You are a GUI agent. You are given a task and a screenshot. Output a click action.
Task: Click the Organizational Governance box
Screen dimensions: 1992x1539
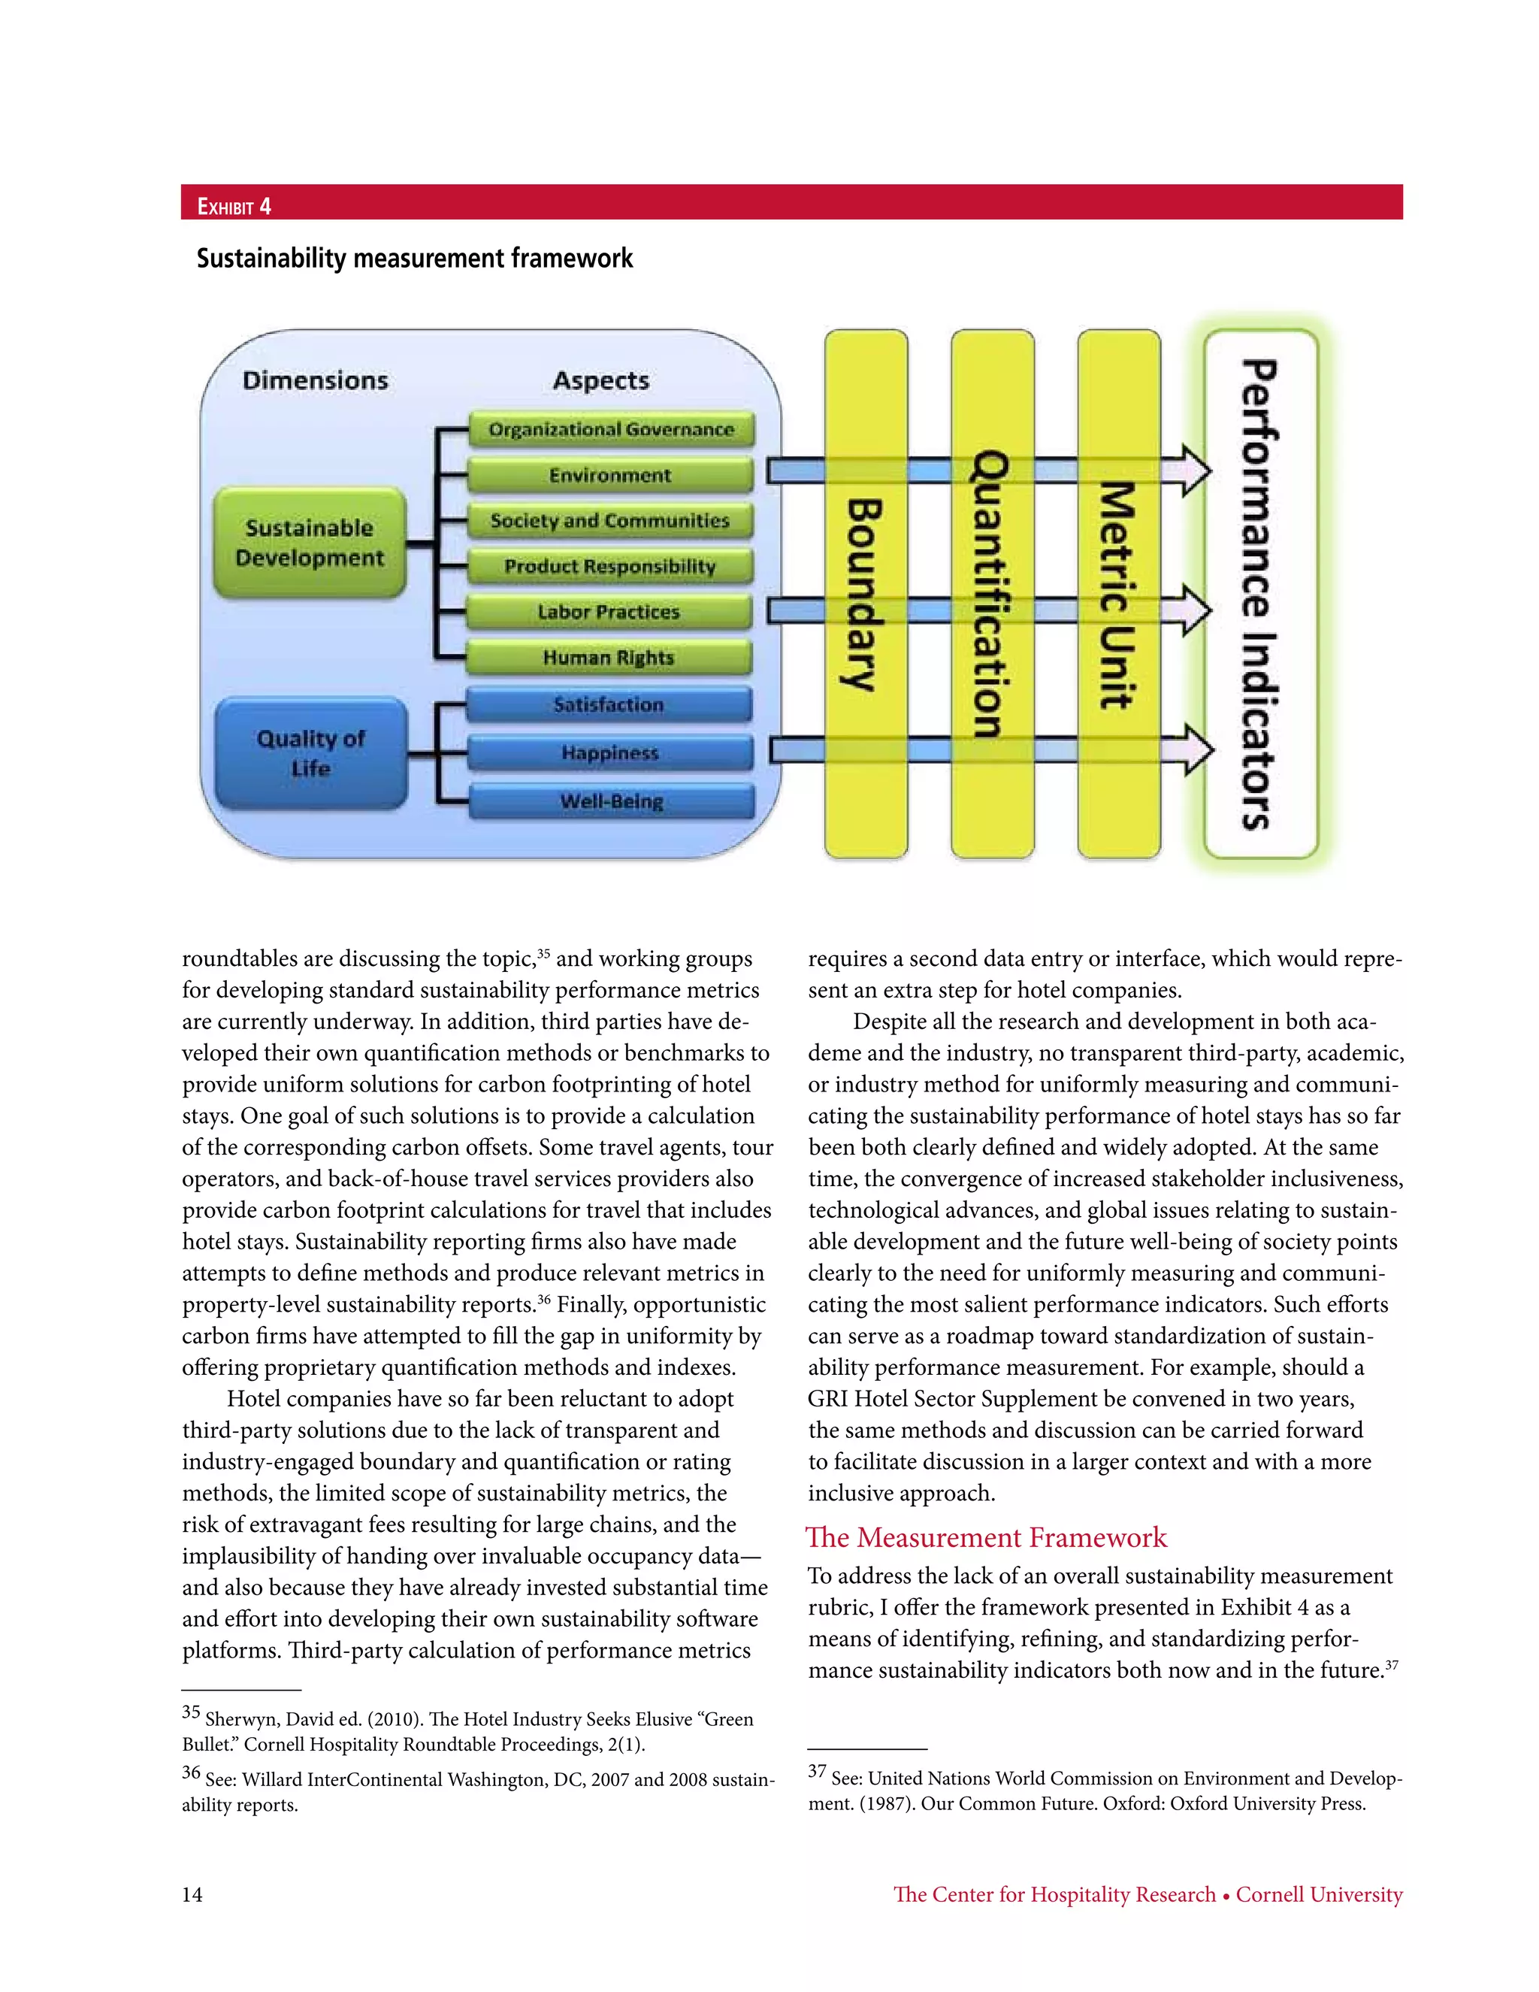click(x=611, y=429)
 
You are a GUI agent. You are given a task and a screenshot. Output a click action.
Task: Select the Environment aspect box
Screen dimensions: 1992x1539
click(x=610, y=475)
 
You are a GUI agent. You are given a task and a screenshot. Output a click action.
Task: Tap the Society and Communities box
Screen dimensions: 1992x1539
click(x=610, y=521)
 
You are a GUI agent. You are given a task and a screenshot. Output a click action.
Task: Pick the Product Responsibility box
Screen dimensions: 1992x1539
click(x=610, y=567)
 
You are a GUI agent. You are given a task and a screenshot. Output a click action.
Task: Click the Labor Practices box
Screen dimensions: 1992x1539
click(x=609, y=612)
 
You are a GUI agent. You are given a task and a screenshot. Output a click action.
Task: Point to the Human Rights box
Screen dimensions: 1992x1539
click(x=609, y=658)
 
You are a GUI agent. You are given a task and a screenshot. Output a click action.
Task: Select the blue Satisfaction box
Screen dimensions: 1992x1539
click(x=609, y=705)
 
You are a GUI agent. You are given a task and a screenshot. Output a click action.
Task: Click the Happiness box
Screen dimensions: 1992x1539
click(x=610, y=753)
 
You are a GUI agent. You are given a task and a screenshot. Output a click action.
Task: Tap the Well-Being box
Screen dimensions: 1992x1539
click(x=611, y=802)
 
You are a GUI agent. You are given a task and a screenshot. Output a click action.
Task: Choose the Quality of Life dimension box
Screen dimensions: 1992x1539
click(x=311, y=753)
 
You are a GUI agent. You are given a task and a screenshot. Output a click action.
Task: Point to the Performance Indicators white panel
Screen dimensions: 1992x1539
click(x=1261, y=593)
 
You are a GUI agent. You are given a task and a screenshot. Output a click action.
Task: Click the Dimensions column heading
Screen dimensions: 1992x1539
click(x=316, y=380)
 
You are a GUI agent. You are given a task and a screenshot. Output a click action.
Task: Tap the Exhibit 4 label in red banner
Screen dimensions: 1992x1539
click(x=234, y=206)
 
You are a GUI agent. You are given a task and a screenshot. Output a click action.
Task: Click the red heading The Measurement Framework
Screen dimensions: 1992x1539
click(x=987, y=1537)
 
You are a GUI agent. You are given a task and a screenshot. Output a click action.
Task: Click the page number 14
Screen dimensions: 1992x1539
click(x=192, y=1894)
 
